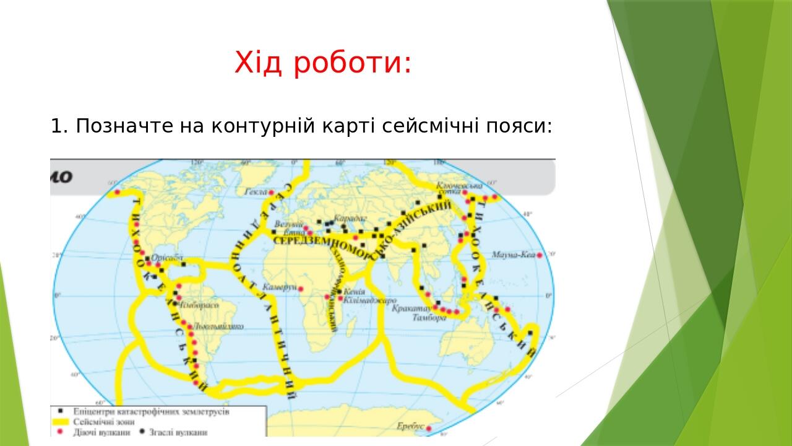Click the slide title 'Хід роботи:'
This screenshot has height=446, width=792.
[x=322, y=63]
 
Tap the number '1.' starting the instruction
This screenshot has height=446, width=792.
[x=59, y=126]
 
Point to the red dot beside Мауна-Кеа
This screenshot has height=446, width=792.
[x=540, y=255]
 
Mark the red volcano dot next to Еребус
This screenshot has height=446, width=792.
[x=428, y=428]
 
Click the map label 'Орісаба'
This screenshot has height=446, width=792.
[x=167, y=259]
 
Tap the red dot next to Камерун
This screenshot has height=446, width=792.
[x=301, y=289]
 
